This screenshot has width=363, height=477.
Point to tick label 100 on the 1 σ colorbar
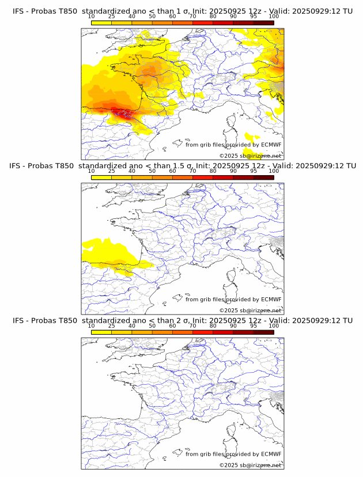tap(274, 16)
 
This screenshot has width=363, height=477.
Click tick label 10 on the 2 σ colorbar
tap(92, 325)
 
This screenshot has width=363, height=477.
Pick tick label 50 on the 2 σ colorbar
tap(152, 325)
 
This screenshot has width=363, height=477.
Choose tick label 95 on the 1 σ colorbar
tap(254, 16)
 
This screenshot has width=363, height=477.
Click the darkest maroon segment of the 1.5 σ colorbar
tap(263, 177)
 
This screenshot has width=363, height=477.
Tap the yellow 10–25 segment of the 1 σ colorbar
tap(101, 22)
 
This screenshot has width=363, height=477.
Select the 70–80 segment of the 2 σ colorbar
tap(203, 332)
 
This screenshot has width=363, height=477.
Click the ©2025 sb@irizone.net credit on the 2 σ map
tap(250, 465)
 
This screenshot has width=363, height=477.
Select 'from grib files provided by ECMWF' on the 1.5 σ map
tap(233, 299)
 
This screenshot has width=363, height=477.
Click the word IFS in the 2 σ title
tap(19, 320)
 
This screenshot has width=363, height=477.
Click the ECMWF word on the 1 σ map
tap(271, 145)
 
